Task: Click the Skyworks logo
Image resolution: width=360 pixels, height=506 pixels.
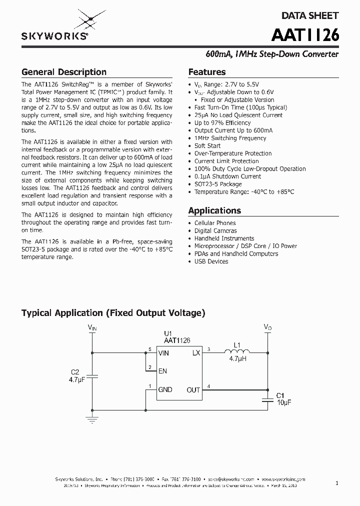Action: click(x=55, y=27)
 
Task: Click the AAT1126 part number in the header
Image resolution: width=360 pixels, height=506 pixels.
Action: click(x=305, y=35)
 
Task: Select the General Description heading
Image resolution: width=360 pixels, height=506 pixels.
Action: click(x=64, y=72)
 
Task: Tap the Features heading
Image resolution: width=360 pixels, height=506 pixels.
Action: click(x=207, y=72)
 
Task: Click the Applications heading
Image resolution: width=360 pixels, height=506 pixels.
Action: click(x=214, y=210)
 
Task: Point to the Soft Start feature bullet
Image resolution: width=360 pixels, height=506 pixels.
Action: click(x=207, y=146)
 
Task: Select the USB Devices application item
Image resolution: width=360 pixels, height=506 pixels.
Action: click(x=211, y=261)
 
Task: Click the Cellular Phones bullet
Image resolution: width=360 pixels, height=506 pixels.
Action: click(x=215, y=223)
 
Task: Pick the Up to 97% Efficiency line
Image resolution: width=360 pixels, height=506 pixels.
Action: click(x=222, y=123)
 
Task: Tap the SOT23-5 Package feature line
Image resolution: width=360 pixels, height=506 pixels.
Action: click(x=218, y=184)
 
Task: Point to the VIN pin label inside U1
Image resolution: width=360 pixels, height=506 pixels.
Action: click(x=164, y=353)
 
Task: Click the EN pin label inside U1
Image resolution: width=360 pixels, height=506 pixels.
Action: click(x=162, y=371)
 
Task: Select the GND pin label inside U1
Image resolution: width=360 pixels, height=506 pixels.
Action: click(x=165, y=389)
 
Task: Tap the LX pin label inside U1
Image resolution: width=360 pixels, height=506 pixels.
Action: click(x=195, y=353)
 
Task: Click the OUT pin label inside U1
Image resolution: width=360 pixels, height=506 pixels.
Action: click(x=193, y=389)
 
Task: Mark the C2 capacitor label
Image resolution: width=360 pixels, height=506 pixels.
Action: click(x=75, y=372)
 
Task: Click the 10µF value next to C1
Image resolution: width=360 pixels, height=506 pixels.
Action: click(x=284, y=402)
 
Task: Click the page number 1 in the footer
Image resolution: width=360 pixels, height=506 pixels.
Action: click(x=337, y=483)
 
